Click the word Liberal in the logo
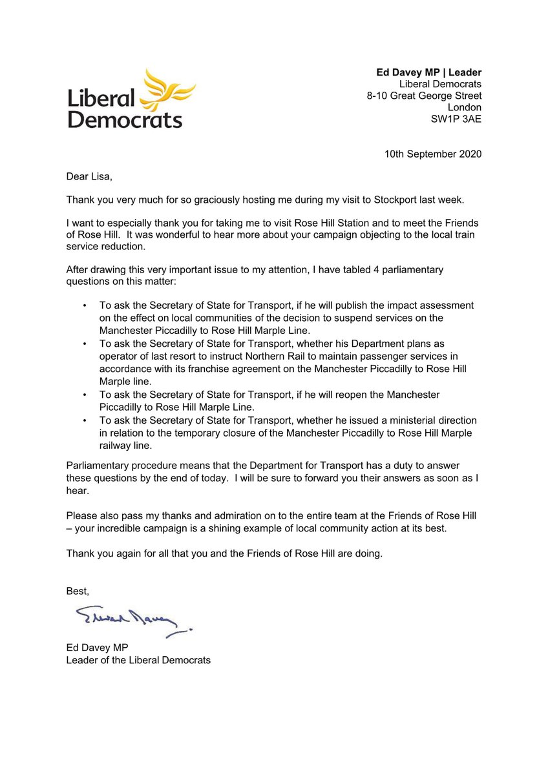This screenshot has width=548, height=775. pyautogui.click(x=101, y=98)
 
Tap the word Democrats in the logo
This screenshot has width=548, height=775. pyautogui.click(x=125, y=119)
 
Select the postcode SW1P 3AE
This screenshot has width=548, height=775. pyautogui.click(x=456, y=119)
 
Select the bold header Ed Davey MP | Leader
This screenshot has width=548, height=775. pyautogui.click(x=429, y=72)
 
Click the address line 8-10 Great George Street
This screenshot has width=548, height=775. pyautogui.click(x=424, y=96)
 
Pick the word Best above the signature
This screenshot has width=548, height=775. pyautogui.click(x=78, y=590)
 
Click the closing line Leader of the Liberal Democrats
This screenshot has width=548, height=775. pyautogui.click(x=138, y=660)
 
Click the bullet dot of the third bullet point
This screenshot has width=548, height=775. pyautogui.click(x=85, y=395)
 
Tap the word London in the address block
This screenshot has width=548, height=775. pyautogui.click(x=465, y=107)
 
